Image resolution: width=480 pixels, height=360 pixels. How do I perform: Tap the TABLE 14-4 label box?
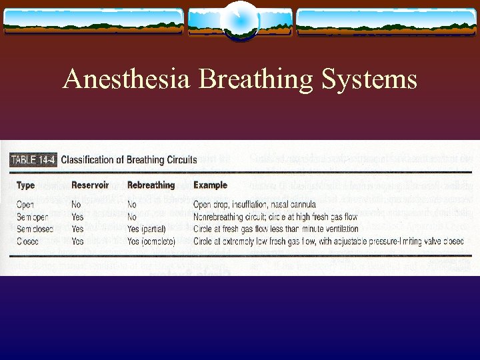[x=34, y=159]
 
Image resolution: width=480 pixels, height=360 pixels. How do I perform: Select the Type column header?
[x=26, y=185]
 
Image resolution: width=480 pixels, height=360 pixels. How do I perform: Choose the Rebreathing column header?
[x=151, y=185]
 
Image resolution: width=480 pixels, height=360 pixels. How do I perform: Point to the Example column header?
[x=210, y=185]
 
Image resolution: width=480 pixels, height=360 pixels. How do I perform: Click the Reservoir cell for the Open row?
[x=77, y=205]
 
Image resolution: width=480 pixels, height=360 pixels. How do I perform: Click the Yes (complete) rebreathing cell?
[x=151, y=241]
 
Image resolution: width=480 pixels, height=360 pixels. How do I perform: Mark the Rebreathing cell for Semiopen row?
[x=133, y=217]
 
